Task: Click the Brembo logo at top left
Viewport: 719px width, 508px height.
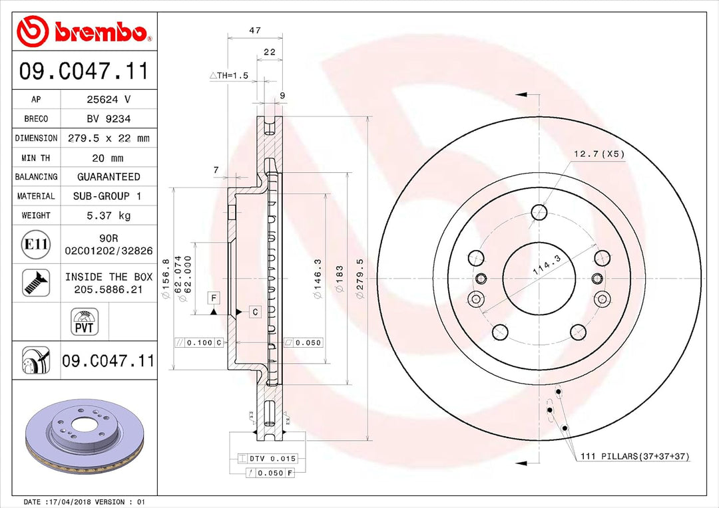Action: (82, 31)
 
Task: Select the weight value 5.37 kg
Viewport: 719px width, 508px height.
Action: (109, 215)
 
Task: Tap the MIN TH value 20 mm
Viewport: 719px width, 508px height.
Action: (109, 158)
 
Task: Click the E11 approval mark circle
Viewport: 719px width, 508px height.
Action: (36, 245)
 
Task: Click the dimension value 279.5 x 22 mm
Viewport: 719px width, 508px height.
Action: (109, 138)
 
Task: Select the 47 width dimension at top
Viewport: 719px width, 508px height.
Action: (254, 31)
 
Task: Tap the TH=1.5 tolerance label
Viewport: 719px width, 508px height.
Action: (229, 76)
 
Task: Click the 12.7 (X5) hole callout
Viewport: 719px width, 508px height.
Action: (599, 154)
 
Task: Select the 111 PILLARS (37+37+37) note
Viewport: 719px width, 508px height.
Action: (634, 456)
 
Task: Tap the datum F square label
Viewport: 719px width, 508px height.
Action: (214, 298)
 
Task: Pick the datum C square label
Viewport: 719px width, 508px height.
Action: (254, 311)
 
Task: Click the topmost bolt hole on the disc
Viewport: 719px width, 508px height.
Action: (539, 212)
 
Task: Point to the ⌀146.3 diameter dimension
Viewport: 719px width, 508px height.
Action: (318, 279)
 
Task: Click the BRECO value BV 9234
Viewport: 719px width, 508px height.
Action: (109, 119)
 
